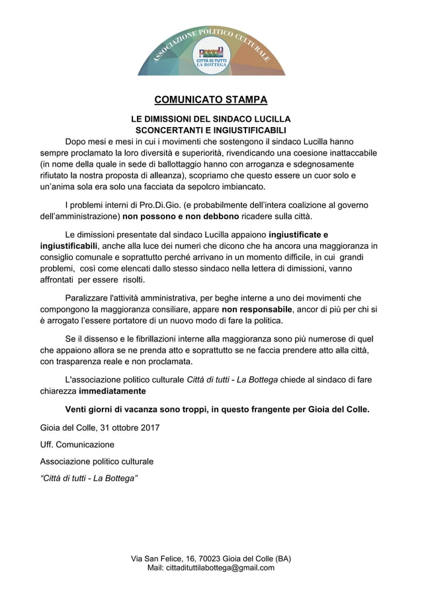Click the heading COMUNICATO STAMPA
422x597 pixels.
(211, 101)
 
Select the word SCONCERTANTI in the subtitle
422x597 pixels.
(165, 130)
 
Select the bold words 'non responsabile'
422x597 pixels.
(257, 308)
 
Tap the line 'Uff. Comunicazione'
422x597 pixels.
(77, 444)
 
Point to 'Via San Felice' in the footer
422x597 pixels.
(158, 558)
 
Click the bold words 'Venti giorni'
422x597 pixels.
(95, 409)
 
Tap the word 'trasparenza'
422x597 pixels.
(85, 361)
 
